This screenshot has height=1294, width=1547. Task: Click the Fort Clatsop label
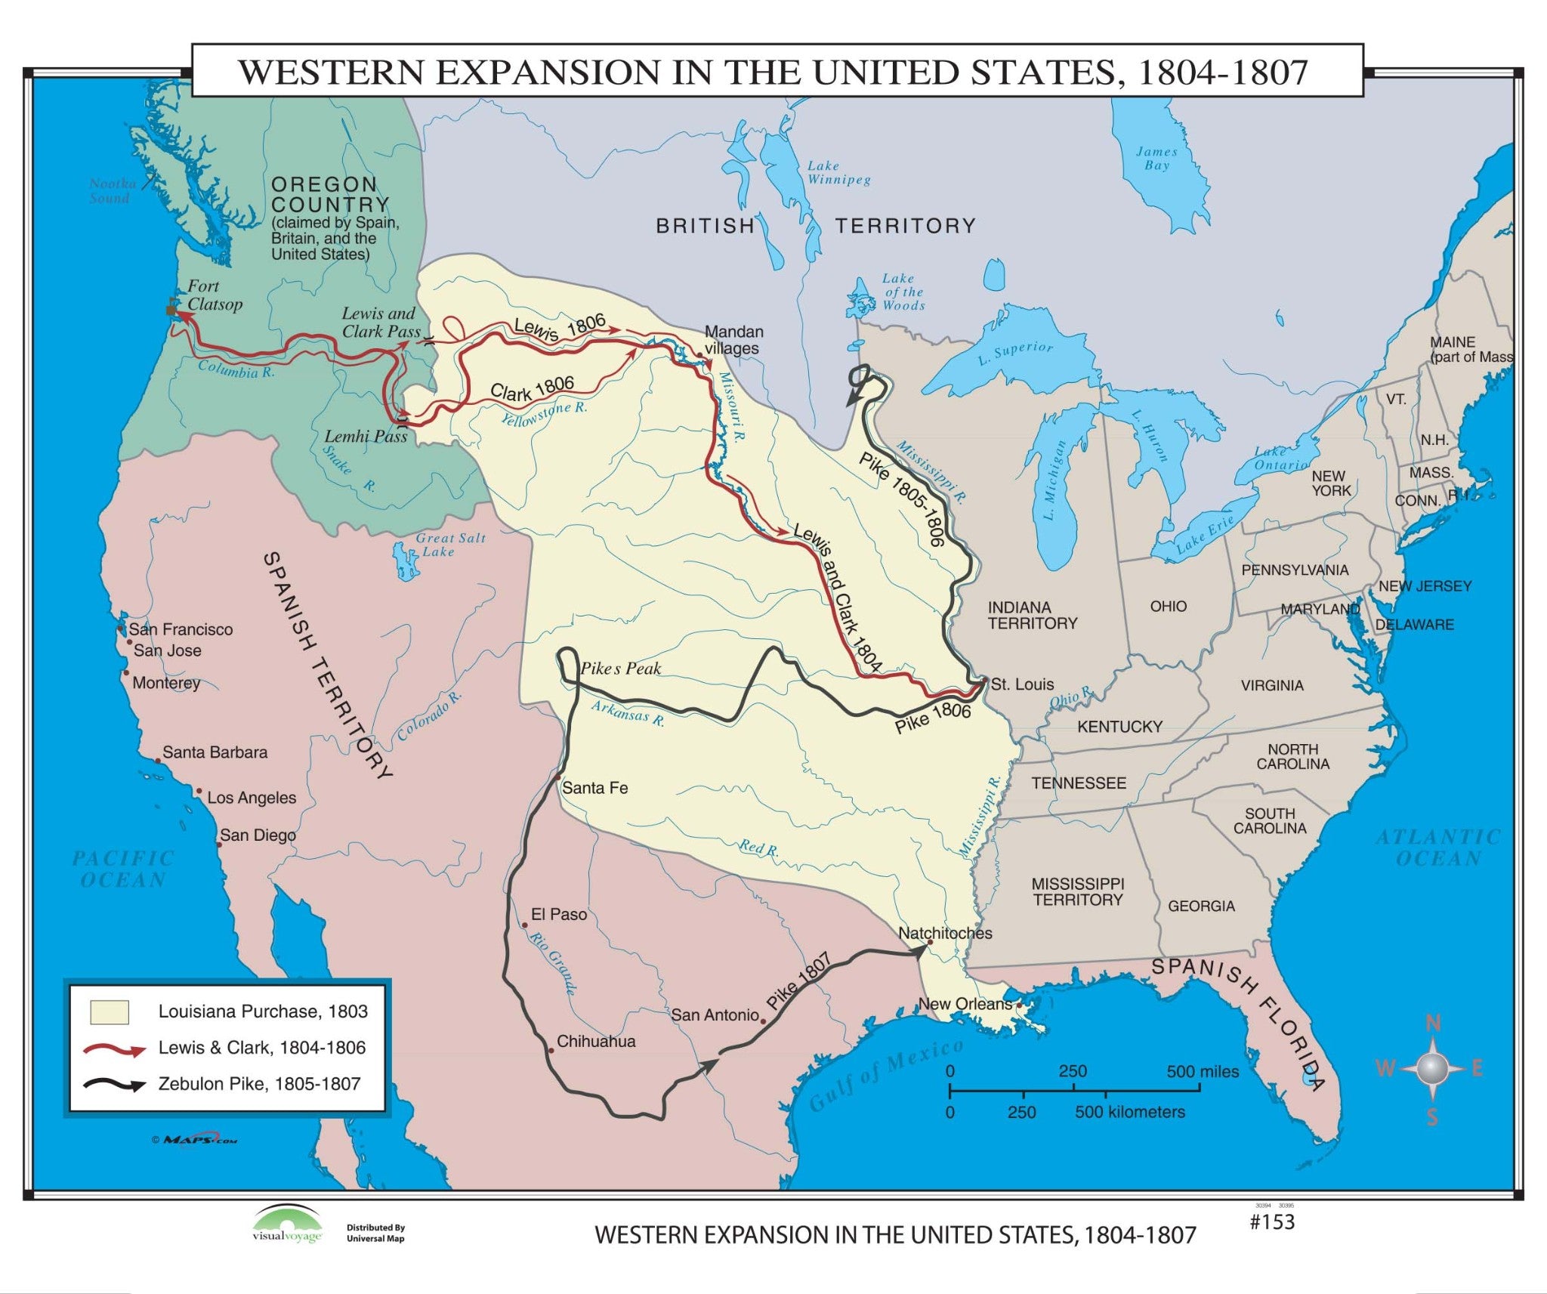click(x=215, y=295)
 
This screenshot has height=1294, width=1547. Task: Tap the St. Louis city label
click(x=1022, y=684)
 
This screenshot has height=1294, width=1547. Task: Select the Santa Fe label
click(x=594, y=788)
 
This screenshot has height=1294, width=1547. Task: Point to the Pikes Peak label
click(x=620, y=669)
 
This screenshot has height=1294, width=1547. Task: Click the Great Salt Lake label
click(x=450, y=545)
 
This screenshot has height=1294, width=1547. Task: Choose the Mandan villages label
click(x=733, y=340)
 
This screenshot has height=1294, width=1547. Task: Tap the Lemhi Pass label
click(x=366, y=436)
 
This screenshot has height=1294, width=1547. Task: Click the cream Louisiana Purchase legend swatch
click(x=110, y=1011)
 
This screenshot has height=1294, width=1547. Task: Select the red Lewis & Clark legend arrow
click(x=114, y=1049)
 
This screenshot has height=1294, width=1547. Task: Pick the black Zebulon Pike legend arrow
click(x=114, y=1085)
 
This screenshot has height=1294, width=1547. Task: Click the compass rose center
click(x=1431, y=1068)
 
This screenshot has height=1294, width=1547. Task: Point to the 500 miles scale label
click(x=1203, y=1071)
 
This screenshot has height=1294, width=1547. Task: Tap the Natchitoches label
click(x=945, y=933)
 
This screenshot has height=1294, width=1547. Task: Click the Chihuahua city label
click(x=595, y=1041)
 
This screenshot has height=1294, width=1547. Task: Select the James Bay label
click(x=1156, y=158)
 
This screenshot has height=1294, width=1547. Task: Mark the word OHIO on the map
click(x=1168, y=606)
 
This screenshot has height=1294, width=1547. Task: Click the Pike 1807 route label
click(x=798, y=982)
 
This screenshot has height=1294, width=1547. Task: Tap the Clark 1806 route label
click(x=532, y=388)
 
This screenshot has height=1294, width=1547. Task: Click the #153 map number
click(x=1272, y=1221)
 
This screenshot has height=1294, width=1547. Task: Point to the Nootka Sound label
click(x=112, y=190)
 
